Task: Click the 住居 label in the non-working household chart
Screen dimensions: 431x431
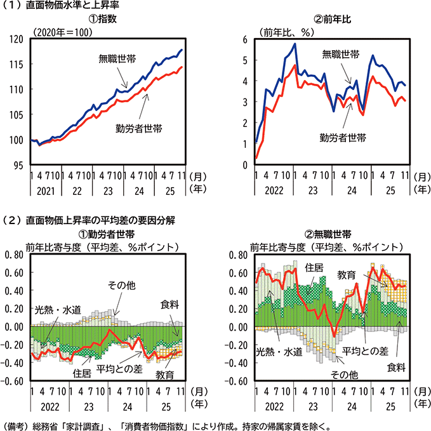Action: (x=315, y=268)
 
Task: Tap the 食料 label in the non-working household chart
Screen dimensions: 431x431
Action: (x=395, y=368)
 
